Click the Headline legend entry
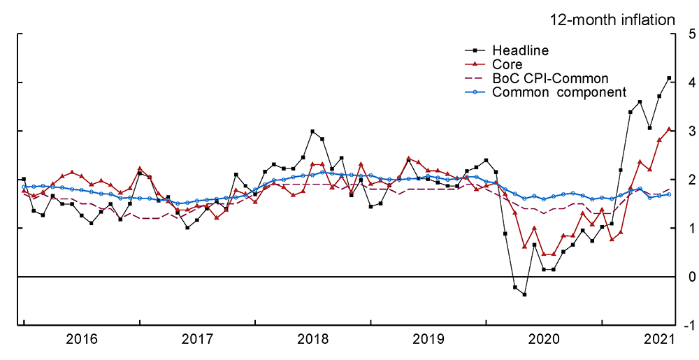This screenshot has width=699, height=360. (520, 50)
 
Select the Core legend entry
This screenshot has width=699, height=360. (507, 64)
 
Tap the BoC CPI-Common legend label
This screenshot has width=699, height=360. (550, 78)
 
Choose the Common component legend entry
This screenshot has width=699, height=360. (559, 92)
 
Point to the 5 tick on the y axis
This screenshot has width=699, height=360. (691, 34)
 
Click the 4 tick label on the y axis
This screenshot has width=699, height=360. (691, 82)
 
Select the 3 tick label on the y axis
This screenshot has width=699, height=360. (691, 131)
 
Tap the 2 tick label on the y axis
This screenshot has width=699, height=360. (691, 180)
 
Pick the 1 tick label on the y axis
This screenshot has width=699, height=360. (691, 229)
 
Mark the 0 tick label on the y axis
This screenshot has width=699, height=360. (691, 278)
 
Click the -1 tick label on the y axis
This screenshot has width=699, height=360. (689, 326)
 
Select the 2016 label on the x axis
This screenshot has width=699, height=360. (81, 340)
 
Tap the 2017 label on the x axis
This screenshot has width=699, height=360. (197, 340)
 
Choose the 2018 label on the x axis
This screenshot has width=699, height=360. (312, 340)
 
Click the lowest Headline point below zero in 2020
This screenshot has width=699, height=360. (524, 294)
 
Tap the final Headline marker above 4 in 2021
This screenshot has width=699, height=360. (669, 78)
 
